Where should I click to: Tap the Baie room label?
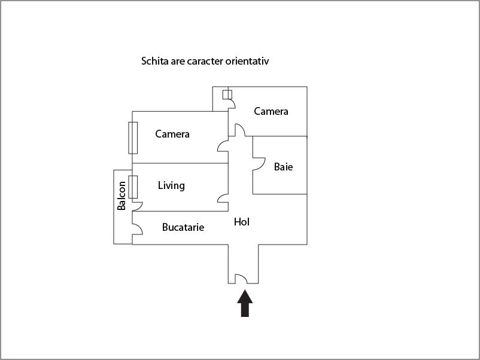click(283, 167)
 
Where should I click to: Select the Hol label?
click(241, 222)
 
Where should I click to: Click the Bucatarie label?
click(183, 227)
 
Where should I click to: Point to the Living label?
click(171, 185)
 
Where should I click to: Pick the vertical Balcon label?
click(122, 196)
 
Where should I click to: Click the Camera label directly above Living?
click(172, 134)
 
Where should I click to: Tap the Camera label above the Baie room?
click(271, 111)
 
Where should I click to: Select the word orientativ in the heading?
click(251, 61)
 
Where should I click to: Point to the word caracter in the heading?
click(206, 61)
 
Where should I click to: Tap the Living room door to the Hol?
click(223, 198)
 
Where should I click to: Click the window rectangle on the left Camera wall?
click(133, 138)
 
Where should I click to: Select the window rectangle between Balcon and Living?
click(133, 187)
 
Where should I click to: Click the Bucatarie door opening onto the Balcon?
click(136, 230)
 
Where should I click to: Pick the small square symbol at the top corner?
click(227, 94)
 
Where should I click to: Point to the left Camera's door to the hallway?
click(223, 145)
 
